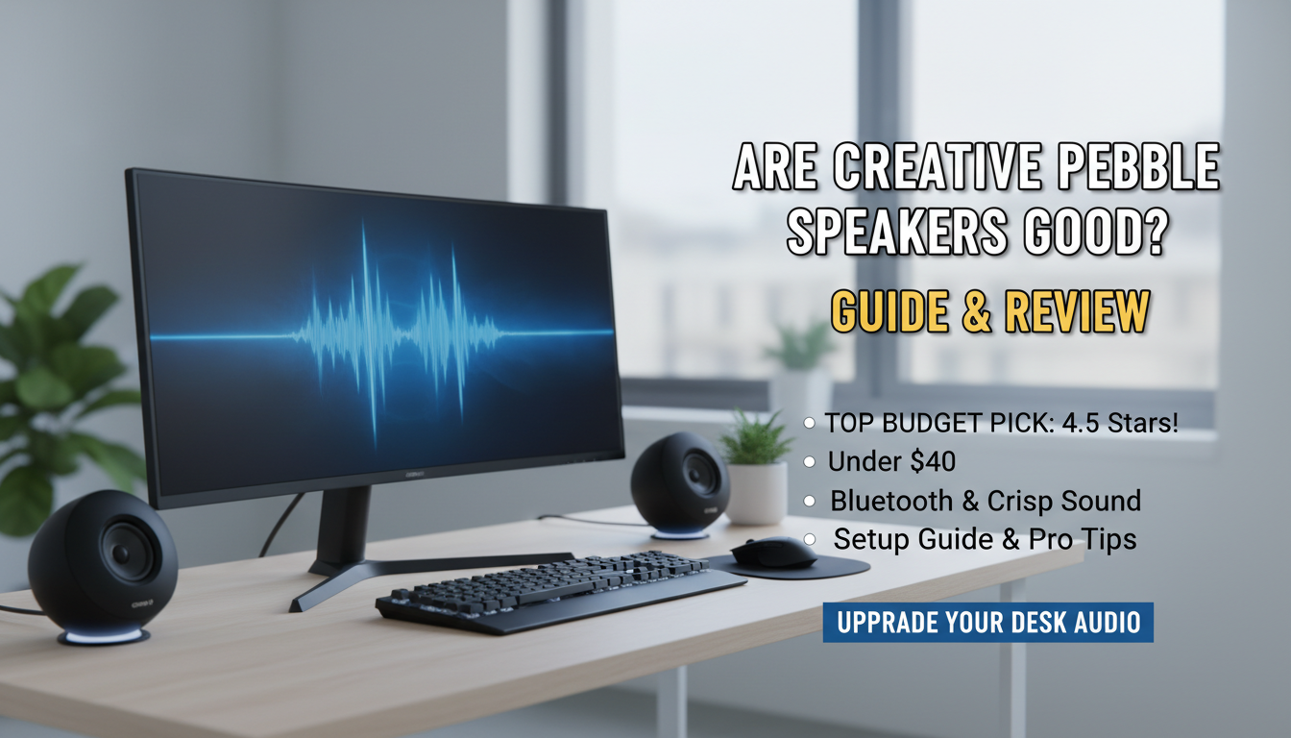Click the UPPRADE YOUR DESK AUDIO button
(x=987, y=623)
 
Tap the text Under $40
(x=891, y=461)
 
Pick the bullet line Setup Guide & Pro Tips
(x=985, y=539)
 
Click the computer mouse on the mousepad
(x=772, y=553)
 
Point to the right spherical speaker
(x=679, y=480)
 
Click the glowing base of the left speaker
(x=103, y=636)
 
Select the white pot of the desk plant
(x=756, y=493)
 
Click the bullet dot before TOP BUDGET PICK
(x=810, y=424)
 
